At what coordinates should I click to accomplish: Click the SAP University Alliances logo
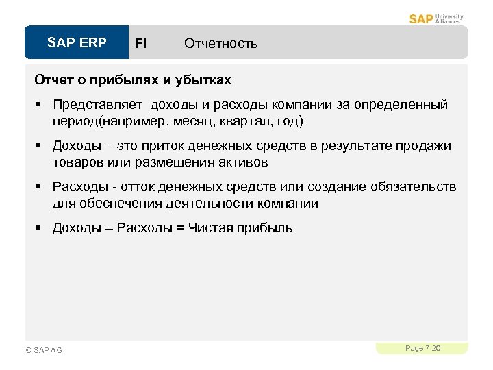[436, 18]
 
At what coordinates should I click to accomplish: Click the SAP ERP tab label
[77, 43]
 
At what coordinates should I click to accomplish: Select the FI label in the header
[140, 44]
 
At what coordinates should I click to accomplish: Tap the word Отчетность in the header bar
[220, 44]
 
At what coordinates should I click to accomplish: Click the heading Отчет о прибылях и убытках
[133, 80]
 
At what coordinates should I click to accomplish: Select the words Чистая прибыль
[237, 228]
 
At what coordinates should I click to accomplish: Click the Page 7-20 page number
[422, 348]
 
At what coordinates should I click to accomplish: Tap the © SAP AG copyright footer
[43, 350]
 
